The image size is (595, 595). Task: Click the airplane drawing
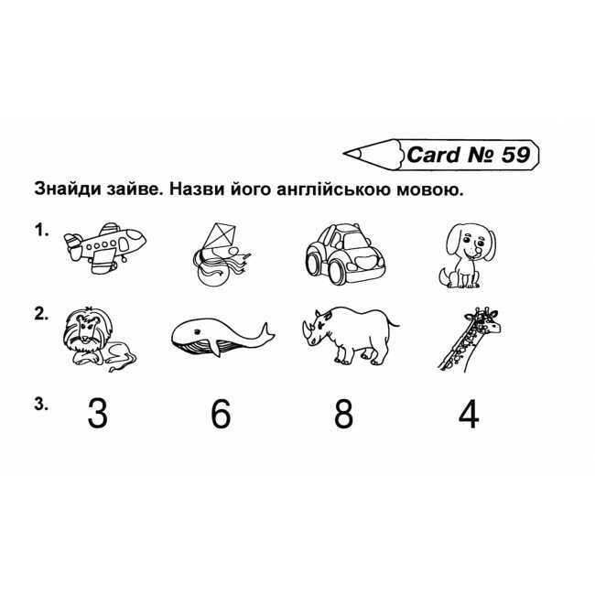104,247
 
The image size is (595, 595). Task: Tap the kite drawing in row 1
222,254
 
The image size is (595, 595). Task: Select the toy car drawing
345,254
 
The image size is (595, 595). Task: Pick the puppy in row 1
468,255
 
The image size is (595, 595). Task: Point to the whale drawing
222,337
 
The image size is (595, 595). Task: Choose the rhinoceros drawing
350,335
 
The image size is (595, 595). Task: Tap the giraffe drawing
470,339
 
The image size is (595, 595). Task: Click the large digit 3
98,413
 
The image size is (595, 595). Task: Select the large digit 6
221,413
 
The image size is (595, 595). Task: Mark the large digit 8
343,413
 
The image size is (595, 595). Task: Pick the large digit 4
469,413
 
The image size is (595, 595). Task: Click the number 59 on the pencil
515,155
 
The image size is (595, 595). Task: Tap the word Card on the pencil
433,155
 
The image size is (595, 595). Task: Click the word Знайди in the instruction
67,189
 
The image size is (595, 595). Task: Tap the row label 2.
41,314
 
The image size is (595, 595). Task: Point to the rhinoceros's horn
306,327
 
